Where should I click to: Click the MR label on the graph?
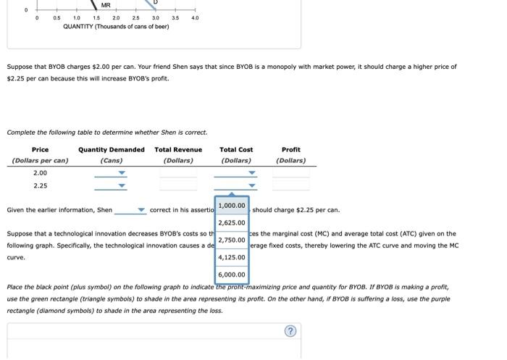(106, 5)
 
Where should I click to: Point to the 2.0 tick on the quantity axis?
(116, 18)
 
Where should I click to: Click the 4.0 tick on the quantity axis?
(195, 18)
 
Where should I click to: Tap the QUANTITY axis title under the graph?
(116, 27)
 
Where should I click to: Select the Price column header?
(41, 149)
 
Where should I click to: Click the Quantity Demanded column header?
(112, 149)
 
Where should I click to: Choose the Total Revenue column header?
(178, 149)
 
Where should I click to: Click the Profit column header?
(290, 149)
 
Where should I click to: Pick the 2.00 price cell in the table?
(41, 173)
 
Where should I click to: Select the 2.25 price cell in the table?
(41, 186)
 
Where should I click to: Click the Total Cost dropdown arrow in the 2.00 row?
(252, 173)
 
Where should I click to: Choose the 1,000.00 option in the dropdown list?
(232, 206)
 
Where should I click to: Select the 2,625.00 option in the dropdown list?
(232, 223)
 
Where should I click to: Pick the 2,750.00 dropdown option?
(232, 240)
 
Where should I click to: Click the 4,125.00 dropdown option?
(232, 257)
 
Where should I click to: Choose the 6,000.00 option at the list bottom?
(232, 275)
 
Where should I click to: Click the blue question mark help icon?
(290, 331)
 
